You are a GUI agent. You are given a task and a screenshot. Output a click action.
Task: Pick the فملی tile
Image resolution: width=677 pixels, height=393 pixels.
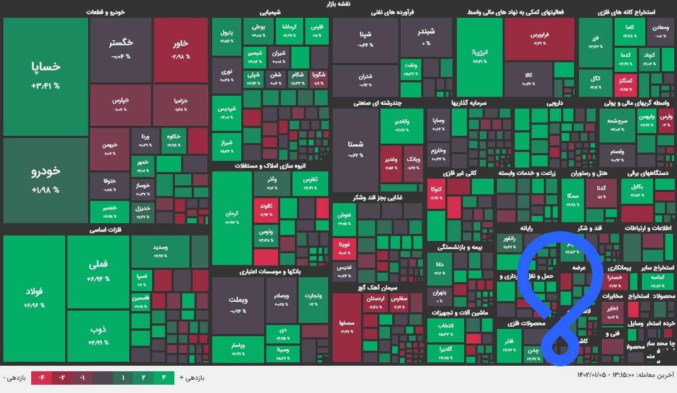98,271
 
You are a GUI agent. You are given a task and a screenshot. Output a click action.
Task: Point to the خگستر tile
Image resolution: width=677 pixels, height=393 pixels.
121,49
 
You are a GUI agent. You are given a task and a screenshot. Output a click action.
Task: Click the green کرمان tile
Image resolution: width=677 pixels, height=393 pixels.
232,217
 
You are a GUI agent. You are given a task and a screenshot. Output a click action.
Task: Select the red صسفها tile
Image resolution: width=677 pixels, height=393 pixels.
347,327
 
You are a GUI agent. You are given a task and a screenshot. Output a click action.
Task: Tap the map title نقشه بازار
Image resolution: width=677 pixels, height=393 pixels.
338,4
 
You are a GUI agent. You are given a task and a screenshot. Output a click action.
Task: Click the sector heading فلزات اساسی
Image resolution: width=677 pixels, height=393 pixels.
105,229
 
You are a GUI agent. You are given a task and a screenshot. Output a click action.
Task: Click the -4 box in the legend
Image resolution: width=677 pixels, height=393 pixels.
41,378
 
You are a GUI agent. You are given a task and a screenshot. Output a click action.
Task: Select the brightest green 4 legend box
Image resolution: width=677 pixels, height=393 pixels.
164,378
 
